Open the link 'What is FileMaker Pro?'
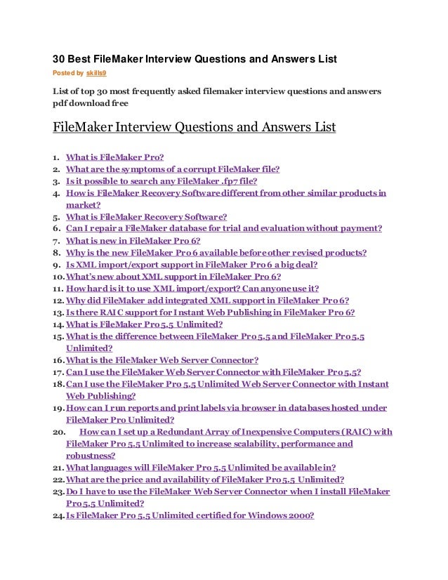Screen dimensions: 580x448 tap(114, 157)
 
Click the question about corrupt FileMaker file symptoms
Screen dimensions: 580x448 tap(173, 169)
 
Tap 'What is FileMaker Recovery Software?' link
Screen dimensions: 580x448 tap(146, 217)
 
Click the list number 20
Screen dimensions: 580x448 tap(59, 432)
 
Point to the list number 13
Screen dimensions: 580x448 tap(58, 312)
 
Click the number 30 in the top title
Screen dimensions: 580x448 tap(60, 58)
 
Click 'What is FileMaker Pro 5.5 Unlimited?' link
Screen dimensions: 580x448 tap(144, 324)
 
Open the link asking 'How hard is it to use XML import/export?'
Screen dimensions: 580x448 tap(192, 289)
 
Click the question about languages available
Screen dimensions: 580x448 tap(201, 468)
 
